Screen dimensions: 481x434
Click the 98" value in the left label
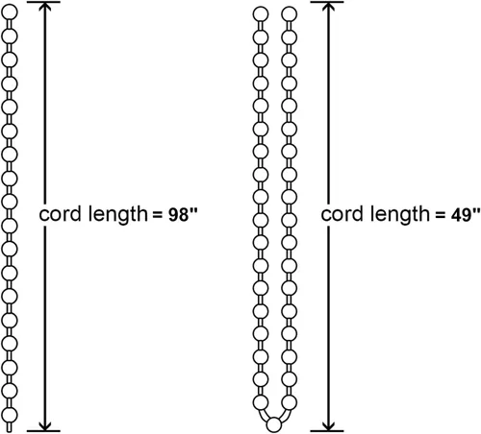point(183,214)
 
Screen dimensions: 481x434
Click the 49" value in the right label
point(466,214)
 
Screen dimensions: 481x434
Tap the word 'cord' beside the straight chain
point(60,214)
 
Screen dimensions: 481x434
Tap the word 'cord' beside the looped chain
point(342,214)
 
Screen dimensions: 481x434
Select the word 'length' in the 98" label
point(117,215)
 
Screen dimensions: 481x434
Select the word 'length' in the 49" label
point(400,215)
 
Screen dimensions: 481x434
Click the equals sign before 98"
point(158,215)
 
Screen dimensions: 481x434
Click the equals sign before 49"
point(441,215)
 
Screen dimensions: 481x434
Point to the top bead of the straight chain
point(10,12)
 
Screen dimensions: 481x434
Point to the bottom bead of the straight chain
point(10,415)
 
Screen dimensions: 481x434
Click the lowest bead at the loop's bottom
point(274,425)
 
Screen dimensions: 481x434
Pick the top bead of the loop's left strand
point(261,14)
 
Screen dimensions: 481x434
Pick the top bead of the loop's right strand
point(290,14)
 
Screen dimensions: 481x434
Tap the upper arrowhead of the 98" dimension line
point(45,7)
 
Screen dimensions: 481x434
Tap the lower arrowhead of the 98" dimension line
point(45,425)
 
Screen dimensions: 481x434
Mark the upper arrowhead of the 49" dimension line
point(328,7)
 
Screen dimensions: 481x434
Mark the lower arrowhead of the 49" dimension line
point(328,425)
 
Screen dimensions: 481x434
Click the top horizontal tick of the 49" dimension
point(327,2)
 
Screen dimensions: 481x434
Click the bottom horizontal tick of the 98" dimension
point(44,431)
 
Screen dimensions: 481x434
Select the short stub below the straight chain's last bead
point(10,427)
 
